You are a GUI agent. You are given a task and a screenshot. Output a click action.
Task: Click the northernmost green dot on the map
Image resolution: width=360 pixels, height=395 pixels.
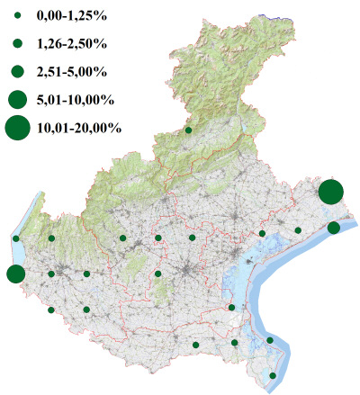188,130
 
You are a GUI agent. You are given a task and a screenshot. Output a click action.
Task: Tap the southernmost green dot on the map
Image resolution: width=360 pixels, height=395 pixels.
274,375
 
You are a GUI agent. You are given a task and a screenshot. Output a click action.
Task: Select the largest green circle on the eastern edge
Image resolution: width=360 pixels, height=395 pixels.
330,192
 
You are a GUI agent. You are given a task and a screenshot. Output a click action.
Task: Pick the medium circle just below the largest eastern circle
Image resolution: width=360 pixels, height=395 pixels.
334,228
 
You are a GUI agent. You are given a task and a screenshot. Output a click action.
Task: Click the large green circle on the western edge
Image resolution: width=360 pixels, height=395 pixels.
15,274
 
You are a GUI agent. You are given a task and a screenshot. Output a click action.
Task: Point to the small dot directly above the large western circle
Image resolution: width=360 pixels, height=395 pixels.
16,238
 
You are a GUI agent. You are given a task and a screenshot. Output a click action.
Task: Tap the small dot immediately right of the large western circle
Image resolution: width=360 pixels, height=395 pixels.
51,274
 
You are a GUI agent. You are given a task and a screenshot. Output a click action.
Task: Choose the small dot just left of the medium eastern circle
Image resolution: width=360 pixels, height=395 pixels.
298,230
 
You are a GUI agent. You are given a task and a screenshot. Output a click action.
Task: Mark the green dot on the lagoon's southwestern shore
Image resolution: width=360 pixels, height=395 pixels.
231,308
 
